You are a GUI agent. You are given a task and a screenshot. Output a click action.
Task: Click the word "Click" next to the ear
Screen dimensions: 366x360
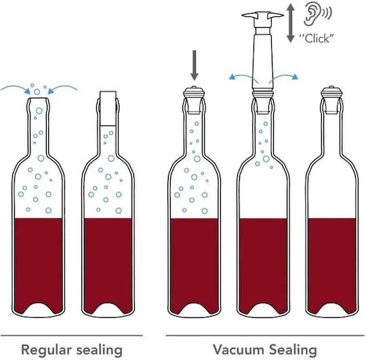[x=317, y=38]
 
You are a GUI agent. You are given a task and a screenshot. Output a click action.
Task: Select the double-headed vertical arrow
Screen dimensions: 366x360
[x=290, y=22]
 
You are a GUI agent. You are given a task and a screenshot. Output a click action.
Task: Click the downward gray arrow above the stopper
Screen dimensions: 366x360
[x=195, y=65]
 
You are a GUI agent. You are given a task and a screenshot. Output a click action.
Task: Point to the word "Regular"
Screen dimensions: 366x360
[x=46, y=351]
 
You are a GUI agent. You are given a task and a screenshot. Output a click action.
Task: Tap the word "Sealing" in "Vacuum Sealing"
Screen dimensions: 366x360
[x=293, y=351]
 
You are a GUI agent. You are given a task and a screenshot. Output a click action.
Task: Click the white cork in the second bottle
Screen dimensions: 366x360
[x=108, y=108]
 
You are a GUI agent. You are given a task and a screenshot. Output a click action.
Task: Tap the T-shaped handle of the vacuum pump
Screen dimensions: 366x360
[x=263, y=16]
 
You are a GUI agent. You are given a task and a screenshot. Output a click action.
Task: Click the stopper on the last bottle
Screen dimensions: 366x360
[x=331, y=100]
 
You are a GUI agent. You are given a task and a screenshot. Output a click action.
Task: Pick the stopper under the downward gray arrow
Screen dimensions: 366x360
[x=195, y=100]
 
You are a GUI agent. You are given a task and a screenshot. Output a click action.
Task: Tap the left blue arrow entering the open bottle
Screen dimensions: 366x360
[x=14, y=87]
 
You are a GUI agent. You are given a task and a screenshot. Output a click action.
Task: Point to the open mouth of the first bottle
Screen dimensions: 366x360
[x=38, y=99]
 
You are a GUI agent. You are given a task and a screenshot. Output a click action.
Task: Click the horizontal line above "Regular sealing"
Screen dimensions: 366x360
[x=72, y=336]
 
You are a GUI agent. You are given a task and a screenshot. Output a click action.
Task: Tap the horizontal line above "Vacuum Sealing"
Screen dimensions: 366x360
[x=266, y=336]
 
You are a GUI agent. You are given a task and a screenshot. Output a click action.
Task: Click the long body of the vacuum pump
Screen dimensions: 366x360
[x=263, y=62]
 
